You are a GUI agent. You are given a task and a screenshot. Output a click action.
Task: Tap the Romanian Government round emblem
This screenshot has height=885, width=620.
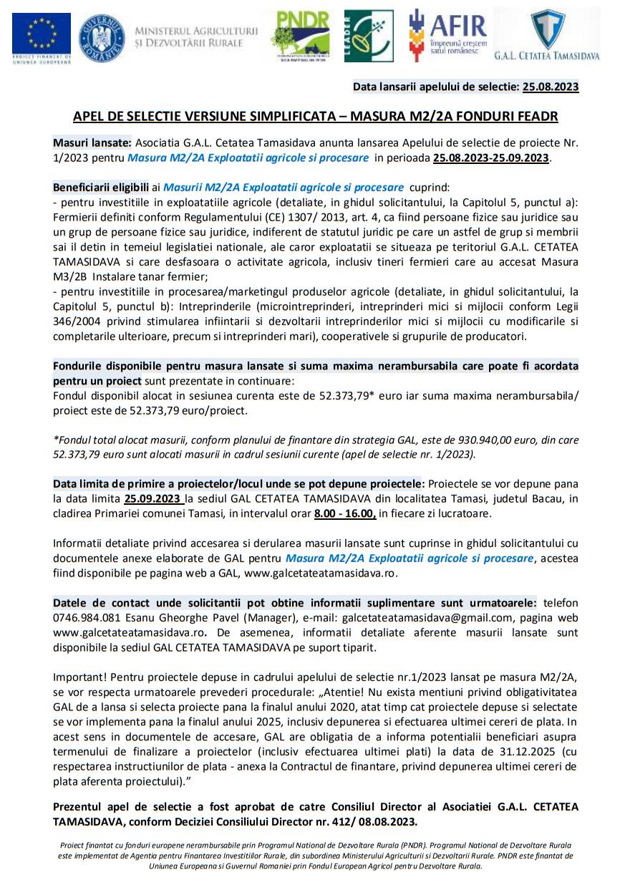tap(101, 37)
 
